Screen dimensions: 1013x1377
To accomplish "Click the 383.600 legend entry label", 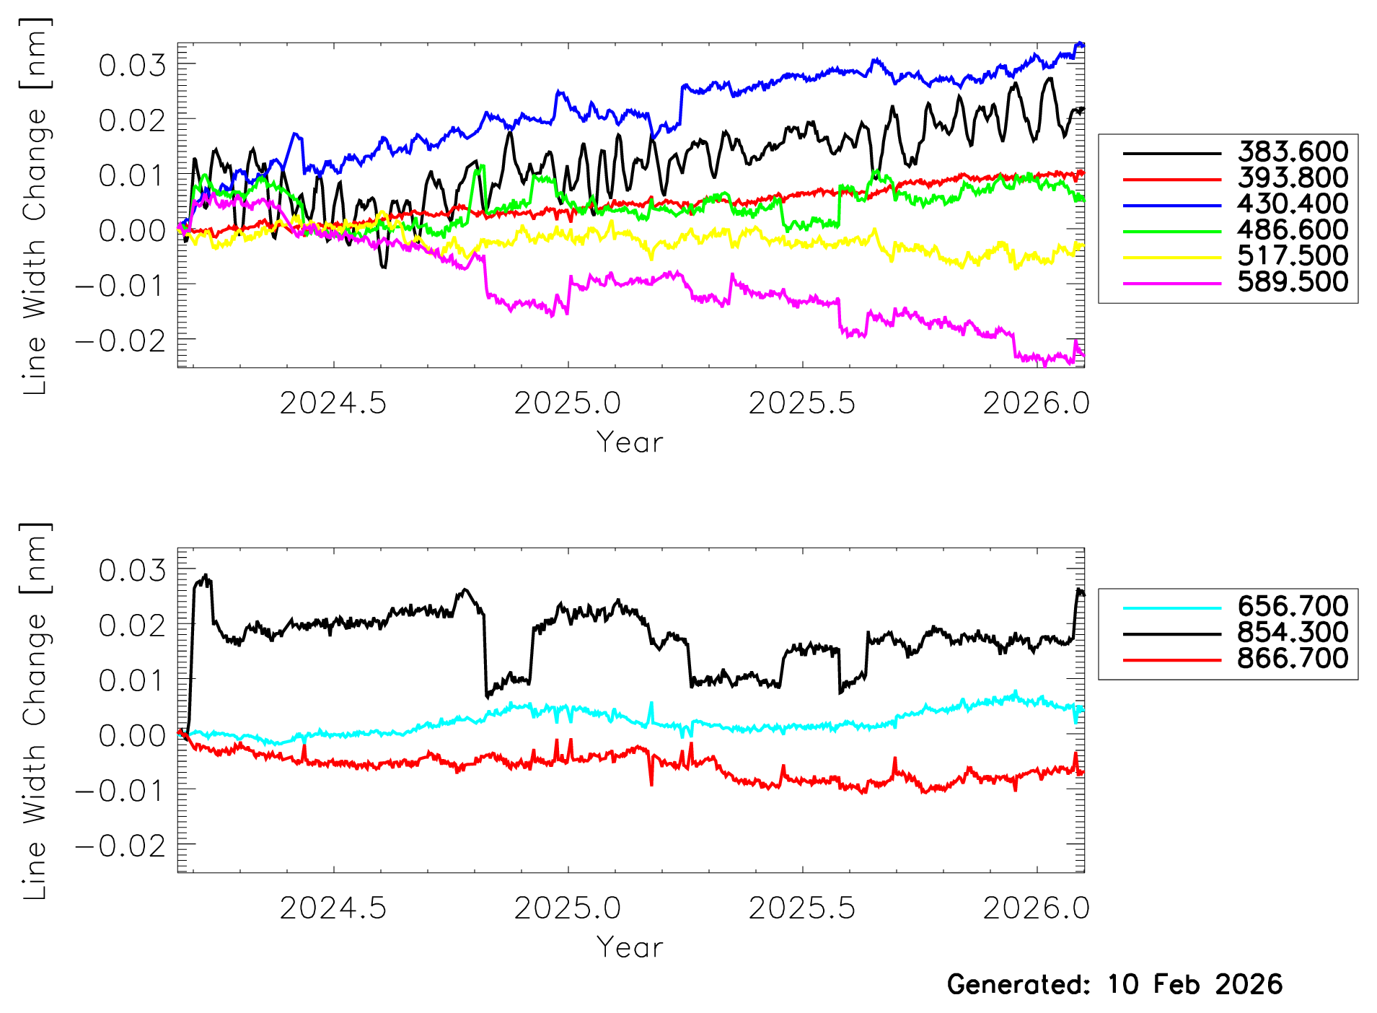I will coord(1292,152).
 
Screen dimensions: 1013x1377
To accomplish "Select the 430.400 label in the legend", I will coord(1292,204).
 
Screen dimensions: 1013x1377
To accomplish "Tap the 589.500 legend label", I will coord(1292,282).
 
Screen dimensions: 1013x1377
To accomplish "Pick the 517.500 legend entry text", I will coord(1292,256).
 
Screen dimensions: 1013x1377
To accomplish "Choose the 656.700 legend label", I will coord(1292,607).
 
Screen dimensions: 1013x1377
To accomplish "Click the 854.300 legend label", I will coord(1292,633).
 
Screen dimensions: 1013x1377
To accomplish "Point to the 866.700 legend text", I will coord(1292,659).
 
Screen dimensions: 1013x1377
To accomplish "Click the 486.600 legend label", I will coord(1292,230).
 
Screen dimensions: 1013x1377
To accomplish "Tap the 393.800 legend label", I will coord(1292,178).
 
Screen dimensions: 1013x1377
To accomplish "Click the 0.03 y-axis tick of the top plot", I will coord(132,66).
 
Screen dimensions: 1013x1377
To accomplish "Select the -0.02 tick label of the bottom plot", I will coord(120,846).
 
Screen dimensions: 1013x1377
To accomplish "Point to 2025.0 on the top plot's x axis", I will coord(567,403).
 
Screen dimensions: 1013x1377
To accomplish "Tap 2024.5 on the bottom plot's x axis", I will coord(333,908).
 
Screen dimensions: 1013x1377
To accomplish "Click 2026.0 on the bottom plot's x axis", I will coord(1036,908).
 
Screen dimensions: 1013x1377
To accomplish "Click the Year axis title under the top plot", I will coord(629,443).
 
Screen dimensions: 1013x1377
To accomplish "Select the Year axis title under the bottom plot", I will coord(629,948).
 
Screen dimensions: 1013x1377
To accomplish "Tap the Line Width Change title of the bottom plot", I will coord(35,711).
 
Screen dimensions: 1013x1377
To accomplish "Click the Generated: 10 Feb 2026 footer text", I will coord(1114,985).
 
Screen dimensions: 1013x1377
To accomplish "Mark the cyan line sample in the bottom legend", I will coord(1171,608).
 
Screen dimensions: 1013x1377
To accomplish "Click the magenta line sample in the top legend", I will coord(1171,284).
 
